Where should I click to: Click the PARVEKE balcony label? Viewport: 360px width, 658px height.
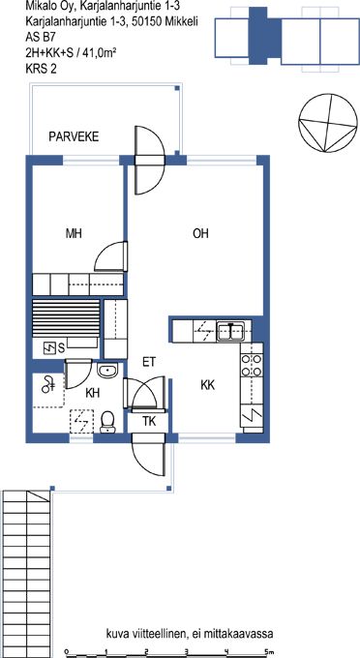[x=74, y=136]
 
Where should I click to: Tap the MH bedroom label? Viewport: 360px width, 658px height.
[x=74, y=233]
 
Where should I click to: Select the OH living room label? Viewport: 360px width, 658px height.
[x=200, y=233]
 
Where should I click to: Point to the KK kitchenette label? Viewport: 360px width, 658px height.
[x=208, y=385]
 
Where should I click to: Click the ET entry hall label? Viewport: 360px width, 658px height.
[x=149, y=362]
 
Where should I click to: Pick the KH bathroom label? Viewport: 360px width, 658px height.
[x=92, y=393]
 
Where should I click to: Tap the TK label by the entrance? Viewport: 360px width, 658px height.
[x=149, y=421]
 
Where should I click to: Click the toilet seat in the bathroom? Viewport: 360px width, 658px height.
[x=107, y=422]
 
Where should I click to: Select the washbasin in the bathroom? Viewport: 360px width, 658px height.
[x=107, y=370]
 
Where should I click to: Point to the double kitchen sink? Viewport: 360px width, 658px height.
[x=230, y=331]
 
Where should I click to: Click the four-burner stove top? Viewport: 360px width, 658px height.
[x=252, y=365]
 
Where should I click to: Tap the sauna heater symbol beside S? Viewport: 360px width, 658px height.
[x=50, y=347]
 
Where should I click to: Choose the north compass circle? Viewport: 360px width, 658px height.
[x=328, y=123]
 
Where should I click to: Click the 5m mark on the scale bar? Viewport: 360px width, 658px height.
[x=269, y=651]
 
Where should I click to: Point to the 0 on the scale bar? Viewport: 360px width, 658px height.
[x=67, y=651]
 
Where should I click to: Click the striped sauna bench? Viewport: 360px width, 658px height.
[x=66, y=318]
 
